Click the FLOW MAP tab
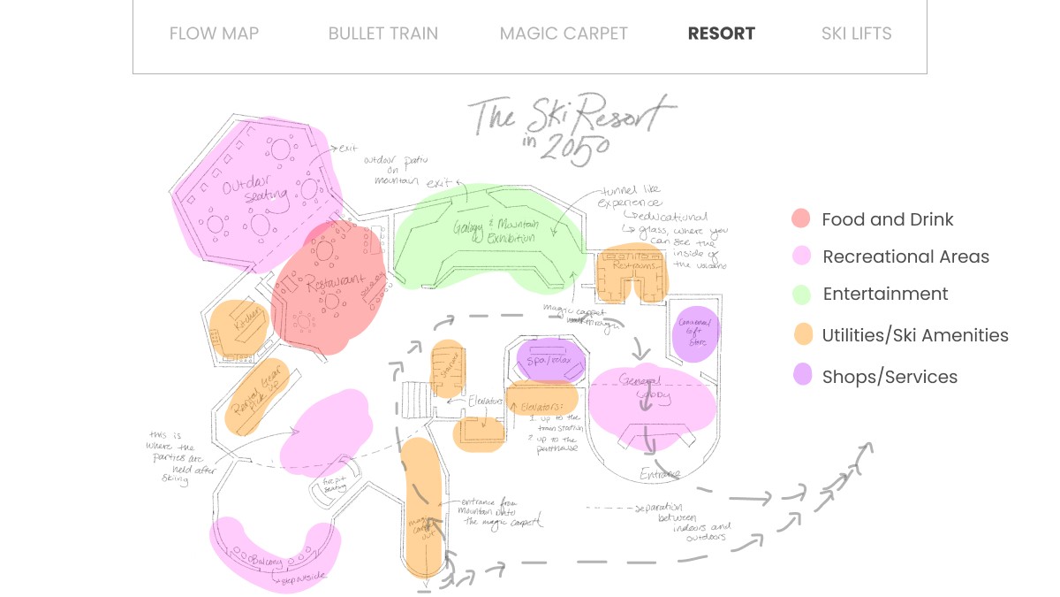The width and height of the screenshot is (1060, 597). pos(214,34)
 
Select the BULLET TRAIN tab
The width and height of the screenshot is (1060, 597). pos(382,34)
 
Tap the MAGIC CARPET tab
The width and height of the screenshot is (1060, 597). pos(564,34)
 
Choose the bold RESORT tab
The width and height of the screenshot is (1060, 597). pos(721,34)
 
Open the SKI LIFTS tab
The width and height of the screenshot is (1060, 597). pos(856,34)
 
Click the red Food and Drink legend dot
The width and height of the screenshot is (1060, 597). pos(801,219)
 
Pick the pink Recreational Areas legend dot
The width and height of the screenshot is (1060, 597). pos(801,256)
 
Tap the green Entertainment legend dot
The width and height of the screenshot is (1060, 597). pos(801,294)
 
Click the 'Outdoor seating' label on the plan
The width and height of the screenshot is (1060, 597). pos(255,194)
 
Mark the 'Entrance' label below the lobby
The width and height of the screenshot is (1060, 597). pos(660,474)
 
